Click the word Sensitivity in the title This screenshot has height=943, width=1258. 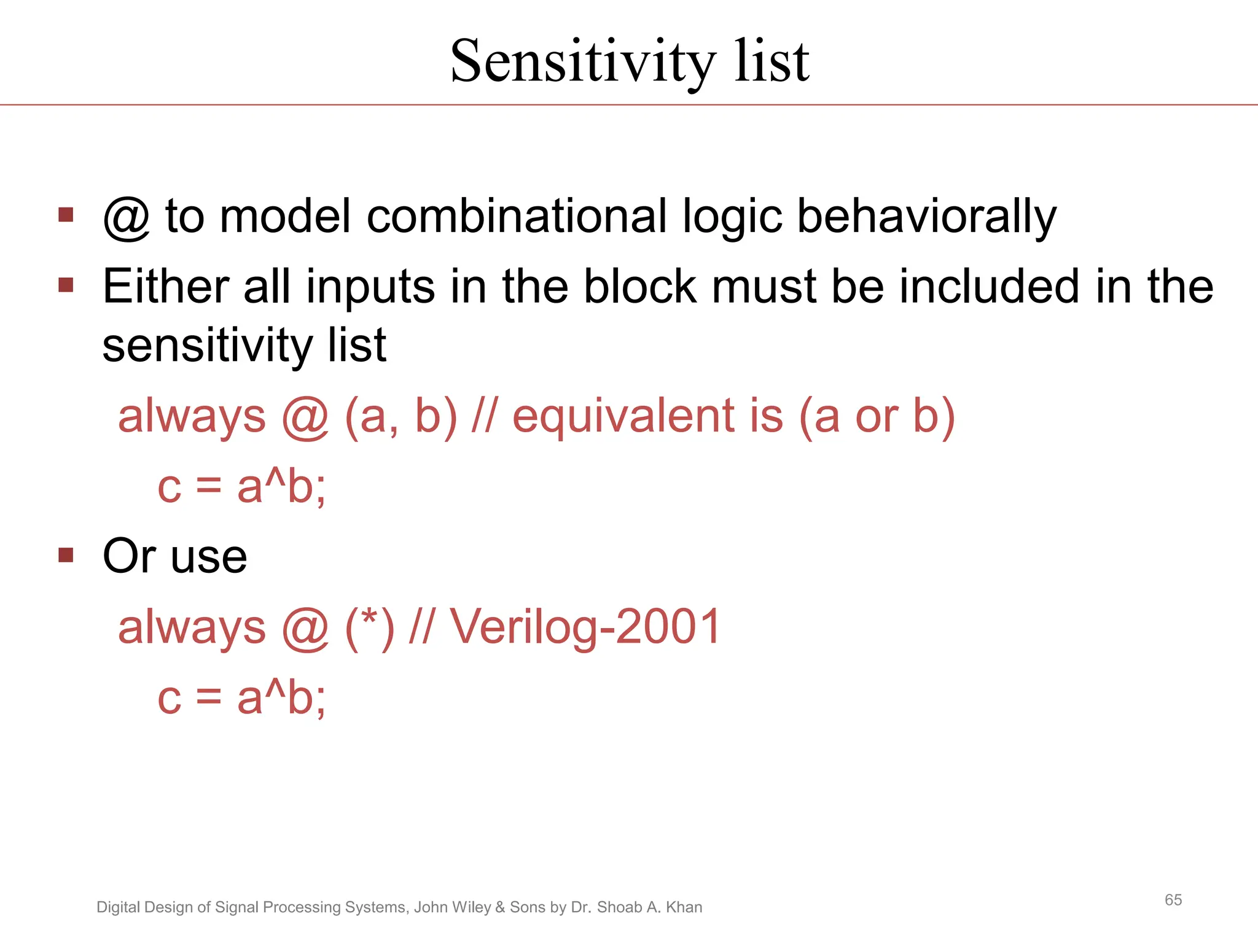click(582, 61)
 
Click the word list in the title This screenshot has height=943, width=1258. click(772, 61)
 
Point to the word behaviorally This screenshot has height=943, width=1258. click(926, 217)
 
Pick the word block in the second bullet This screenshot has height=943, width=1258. click(640, 286)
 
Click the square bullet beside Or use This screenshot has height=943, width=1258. click(66, 556)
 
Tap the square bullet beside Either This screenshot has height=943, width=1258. click(66, 285)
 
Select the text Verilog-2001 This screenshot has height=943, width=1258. click(585, 627)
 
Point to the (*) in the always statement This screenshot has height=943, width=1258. click(370, 627)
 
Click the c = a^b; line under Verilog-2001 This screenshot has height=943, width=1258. click(241, 699)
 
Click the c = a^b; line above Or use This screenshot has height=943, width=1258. click(241, 487)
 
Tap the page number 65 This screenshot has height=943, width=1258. click(1173, 900)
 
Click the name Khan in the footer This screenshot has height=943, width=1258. click(684, 907)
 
